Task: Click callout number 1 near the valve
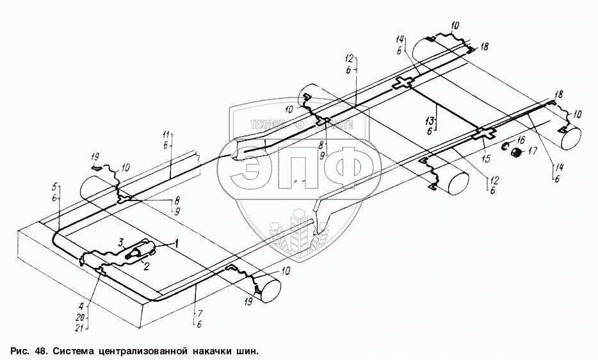click(x=178, y=243)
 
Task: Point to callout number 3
click(x=120, y=241)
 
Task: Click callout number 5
click(x=56, y=187)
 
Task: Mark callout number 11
click(x=167, y=135)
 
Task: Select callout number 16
click(x=521, y=140)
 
